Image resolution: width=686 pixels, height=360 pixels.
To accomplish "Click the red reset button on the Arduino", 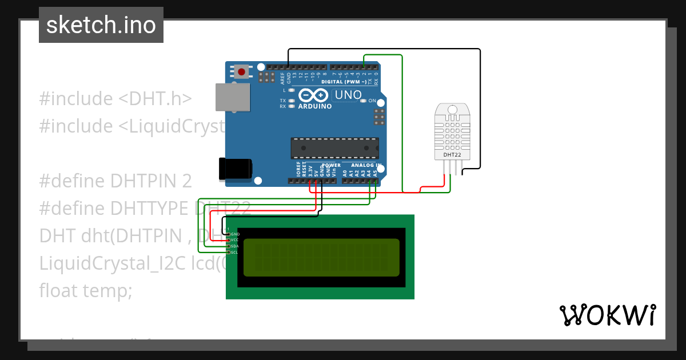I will (x=242, y=72).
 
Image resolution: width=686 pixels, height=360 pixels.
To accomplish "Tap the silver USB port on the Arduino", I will (x=233, y=97).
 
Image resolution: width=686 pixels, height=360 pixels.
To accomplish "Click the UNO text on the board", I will (x=347, y=95).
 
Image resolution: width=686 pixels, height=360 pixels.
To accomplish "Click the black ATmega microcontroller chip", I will (x=334, y=147).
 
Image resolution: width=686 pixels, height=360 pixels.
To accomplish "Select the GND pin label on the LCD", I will (x=235, y=234).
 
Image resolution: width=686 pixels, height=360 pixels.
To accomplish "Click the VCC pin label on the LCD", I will (x=235, y=240).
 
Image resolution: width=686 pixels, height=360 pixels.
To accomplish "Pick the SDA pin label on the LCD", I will (x=235, y=246).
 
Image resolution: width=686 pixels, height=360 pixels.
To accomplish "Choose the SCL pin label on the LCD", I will (x=235, y=252).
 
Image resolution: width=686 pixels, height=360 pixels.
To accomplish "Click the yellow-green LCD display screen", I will (x=321, y=257).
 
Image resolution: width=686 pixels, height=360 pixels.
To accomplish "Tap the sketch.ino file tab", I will (x=101, y=25).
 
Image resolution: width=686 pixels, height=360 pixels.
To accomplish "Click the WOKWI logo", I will (x=607, y=315).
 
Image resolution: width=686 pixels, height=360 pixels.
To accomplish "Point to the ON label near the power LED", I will (x=372, y=101).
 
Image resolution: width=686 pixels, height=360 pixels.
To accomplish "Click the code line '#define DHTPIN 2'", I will (x=115, y=181).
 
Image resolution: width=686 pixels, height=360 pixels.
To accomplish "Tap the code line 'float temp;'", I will (x=86, y=291).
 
